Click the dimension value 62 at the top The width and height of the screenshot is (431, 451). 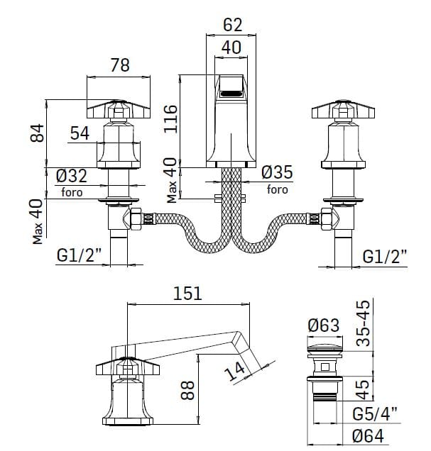click(x=232, y=23)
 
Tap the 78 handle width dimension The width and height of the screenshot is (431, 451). click(x=121, y=65)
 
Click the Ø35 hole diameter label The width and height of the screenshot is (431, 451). click(x=277, y=172)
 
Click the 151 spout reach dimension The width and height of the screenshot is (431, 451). click(x=188, y=293)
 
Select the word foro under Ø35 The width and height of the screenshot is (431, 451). click(x=277, y=189)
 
